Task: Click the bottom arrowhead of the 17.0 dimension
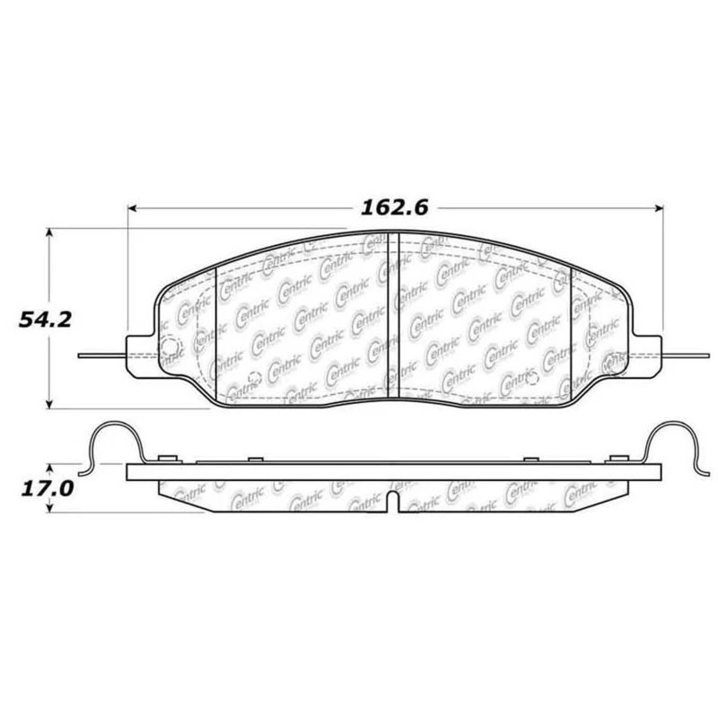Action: pos(48,509)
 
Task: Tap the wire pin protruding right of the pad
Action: pos(686,355)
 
